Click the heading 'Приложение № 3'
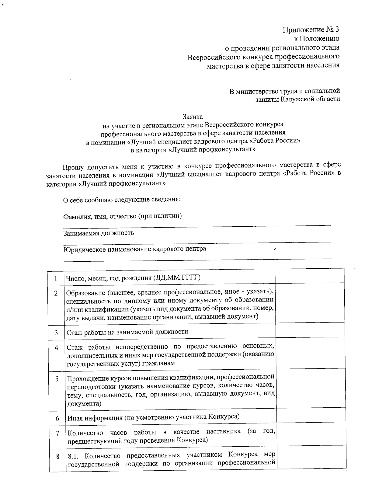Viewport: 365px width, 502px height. point(311,30)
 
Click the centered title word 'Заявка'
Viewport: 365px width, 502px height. point(192,117)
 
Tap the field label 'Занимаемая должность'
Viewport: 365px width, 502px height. point(99,233)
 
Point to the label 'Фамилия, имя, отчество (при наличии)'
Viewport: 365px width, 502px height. point(122,216)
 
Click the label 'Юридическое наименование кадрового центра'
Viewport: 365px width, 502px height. point(134,249)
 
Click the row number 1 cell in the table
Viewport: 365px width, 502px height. point(56,278)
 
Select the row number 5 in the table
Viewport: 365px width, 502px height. point(57,379)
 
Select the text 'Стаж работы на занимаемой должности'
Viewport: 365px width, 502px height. point(127,332)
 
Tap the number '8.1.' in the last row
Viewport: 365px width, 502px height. point(74,456)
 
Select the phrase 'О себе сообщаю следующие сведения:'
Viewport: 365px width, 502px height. point(122,200)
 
